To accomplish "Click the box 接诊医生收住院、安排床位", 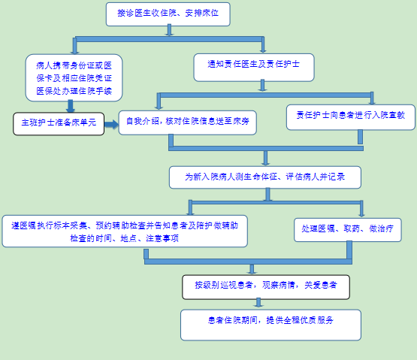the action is (x=168, y=14).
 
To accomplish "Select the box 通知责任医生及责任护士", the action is (x=254, y=68).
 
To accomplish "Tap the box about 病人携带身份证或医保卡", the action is (x=74, y=77).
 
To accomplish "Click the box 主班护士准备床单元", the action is (x=59, y=124).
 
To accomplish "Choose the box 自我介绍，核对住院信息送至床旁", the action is (x=188, y=123).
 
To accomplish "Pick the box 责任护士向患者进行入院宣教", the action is (x=351, y=117).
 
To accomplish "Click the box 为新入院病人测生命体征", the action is (x=265, y=177).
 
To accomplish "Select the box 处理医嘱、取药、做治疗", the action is (x=348, y=230).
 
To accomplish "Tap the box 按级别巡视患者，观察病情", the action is (x=266, y=287).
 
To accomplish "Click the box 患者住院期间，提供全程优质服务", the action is (x=270, y=325).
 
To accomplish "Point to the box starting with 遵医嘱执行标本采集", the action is (x=125, y=231).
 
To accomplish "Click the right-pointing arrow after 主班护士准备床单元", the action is (x=111, y=124).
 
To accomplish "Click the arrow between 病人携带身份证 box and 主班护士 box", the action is (x=70, y=106).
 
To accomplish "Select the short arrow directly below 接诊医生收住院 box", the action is (x=169, y=30).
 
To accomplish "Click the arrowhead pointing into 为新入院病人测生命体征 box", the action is (x=265, y=162).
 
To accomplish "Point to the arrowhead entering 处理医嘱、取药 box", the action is (x=361, y=214).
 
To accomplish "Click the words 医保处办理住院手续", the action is (x=74, y=91).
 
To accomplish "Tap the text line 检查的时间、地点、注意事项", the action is (x=124, y=238).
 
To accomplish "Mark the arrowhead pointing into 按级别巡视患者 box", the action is (x=252, y=271).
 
